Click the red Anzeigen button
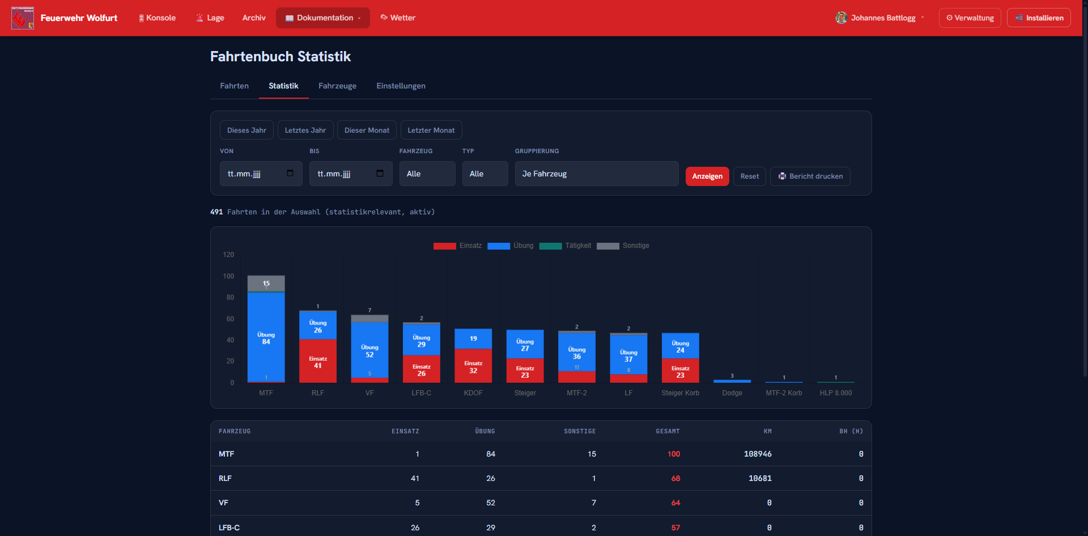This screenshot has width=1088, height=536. (x=707, y=176)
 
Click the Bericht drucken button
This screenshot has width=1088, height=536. (x=810, y=176)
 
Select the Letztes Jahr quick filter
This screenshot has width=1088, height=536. (x=305, y=130)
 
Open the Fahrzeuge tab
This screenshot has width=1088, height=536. (x=337, y=86)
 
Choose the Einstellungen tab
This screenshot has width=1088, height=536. (x=401, y=86)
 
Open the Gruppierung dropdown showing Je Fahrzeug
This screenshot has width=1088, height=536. (x=597, y=174)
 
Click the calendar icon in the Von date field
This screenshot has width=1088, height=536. (x=290, y=173)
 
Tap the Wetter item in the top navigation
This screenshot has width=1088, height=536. (x=398, y=18)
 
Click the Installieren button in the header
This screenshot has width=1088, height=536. (x=1039, y=18)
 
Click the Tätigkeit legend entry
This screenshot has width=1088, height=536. (x=565, y=246)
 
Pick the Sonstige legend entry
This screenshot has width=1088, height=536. (x=623, y=246)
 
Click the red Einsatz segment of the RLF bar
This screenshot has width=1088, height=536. (x=318, y=361)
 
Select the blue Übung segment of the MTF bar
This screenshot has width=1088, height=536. (x=266, y=337)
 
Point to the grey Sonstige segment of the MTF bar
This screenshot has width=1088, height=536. (x=266, y=284)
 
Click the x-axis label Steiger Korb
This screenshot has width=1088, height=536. (x=681, y=393)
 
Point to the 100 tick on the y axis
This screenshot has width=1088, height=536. (x=228, y=276)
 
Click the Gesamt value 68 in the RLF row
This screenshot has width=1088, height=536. (x=675, y=478)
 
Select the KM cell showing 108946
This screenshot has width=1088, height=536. (x=758, y=454)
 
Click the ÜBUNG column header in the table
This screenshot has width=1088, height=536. (x=485, y=431)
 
